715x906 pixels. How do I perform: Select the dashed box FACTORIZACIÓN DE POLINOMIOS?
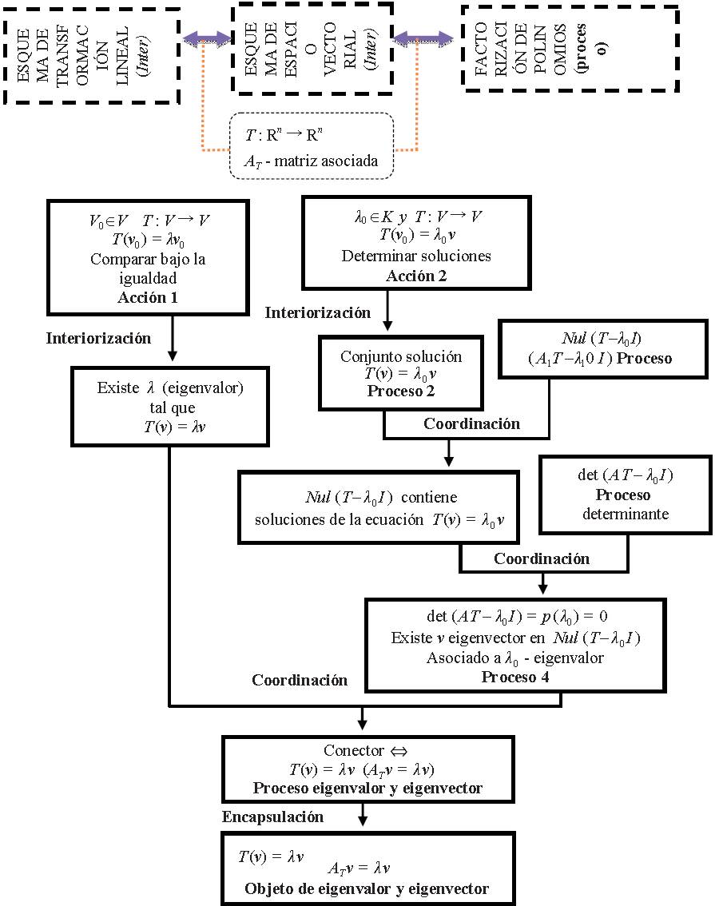(569, 47)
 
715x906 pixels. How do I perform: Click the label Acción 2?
(415, 276)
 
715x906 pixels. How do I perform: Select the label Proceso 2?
(402, 391)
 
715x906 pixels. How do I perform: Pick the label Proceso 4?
(515, 677)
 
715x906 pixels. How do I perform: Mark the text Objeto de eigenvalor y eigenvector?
(367, 888)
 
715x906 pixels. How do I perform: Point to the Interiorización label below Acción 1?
(98, 338)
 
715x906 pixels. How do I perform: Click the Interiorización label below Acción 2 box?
(318, 312)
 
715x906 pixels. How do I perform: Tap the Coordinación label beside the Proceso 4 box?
(300, 680)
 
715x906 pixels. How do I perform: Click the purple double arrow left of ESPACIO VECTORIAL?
(205, 38)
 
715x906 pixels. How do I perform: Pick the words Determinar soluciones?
(415, 256)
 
